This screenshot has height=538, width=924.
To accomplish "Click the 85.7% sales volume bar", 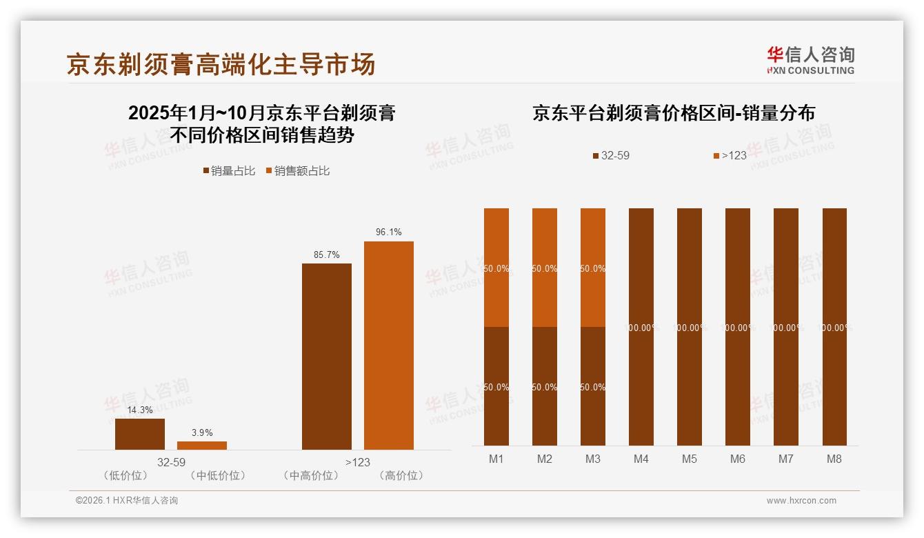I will pyautogui.click(x=326, y=356).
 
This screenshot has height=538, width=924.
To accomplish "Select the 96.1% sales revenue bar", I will pyautogui.click(x=388, y=345).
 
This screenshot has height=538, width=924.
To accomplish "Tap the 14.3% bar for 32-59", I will pyautogui.click(x=140, y=434).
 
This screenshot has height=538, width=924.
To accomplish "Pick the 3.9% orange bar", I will pyautogui.click(x=201, y=446).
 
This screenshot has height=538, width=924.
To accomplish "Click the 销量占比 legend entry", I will pyautogui.click(x=229, y=171).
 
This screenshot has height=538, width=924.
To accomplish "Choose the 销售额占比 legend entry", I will pyautogui.click(x=297, y=171).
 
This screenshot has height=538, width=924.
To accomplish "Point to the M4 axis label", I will pyautogui.click(x=641, y=459).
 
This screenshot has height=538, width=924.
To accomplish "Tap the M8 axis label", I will pyautogui.click(x=834, y=459).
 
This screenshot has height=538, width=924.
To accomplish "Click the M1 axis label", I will pyautogui.click(x=496, y=459).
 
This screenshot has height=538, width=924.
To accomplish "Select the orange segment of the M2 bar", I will pyautogui.click(x=545, y=268).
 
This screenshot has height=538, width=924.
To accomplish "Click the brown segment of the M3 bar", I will pyautogui.click(x=593, y=386).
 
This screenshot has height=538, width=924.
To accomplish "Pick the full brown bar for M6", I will pyautogui.click(x=738, y=327).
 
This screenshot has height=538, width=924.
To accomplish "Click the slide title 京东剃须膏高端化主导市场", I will pyautogui.click(x=221, y=64).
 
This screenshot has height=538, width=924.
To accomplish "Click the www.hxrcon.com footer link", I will pyautogui.click(x=801, y=501).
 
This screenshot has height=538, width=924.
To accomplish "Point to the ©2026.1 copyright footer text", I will pyautogui.click(x=127, y=501).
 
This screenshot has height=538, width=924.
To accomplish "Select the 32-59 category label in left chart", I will pyautogui.click(x=171, y=462).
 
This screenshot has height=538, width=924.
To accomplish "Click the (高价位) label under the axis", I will pyautogui.click(x=402, y=475).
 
